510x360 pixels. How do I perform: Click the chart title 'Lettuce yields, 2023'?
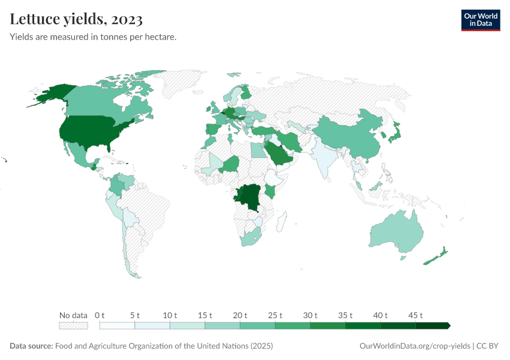(x=76, y=20)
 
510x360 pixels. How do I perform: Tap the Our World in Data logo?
(x=480, y=20)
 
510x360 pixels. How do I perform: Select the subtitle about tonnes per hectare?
(x=93, y=37)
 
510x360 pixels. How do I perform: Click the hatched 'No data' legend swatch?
(x=73, y=326)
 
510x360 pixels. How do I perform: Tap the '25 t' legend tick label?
(x=275, y=315)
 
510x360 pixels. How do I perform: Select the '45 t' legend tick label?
(x=415, y=315)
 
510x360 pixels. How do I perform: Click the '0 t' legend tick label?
(x=100, y=315)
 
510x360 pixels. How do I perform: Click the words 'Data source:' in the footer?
(x=31, y=346)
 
